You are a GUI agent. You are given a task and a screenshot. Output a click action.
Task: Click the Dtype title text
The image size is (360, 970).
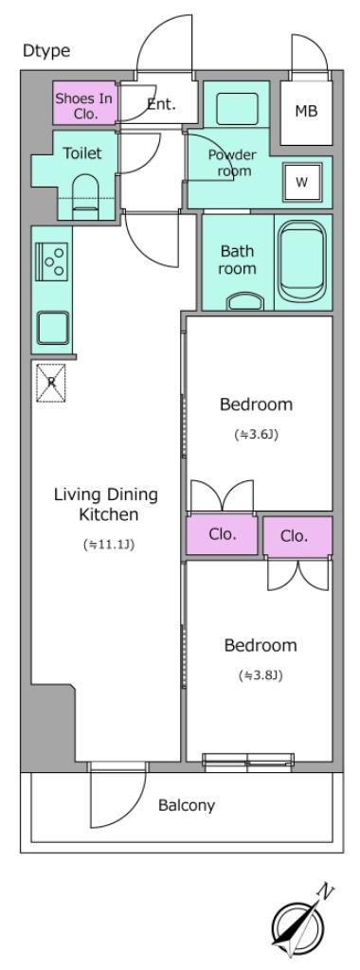coord(46,51)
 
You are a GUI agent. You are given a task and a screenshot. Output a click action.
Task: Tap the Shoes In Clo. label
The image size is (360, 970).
coord(84,105)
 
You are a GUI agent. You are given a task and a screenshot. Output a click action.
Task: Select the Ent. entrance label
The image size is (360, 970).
coord(161,104)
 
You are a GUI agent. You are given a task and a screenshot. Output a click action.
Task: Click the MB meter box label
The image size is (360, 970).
coord(306,112)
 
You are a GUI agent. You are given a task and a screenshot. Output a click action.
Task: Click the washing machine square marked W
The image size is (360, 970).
coord(302,182)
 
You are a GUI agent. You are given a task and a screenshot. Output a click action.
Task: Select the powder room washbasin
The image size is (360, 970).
coord(237,109)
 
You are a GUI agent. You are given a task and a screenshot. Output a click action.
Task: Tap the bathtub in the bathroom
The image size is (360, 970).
coord(302,261)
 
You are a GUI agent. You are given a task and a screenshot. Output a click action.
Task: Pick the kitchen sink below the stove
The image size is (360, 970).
coord(52,327)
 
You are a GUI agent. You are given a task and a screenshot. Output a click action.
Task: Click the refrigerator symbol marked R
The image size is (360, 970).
coord(51,383)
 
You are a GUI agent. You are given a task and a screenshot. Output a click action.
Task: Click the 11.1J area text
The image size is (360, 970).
coord(109,545)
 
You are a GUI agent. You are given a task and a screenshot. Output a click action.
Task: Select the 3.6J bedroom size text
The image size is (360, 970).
coord(256,434)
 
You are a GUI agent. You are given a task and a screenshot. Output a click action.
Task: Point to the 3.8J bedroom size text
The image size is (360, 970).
coord(261,675)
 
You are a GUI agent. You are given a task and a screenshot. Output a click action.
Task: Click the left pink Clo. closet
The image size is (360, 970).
coord(222,535)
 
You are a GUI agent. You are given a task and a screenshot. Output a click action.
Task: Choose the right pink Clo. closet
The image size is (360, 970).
coord(297,536)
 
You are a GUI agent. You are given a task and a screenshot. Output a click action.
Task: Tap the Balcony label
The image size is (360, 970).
coord(187,805)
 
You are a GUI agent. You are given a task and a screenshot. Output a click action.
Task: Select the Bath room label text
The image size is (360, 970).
coord(238,260)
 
